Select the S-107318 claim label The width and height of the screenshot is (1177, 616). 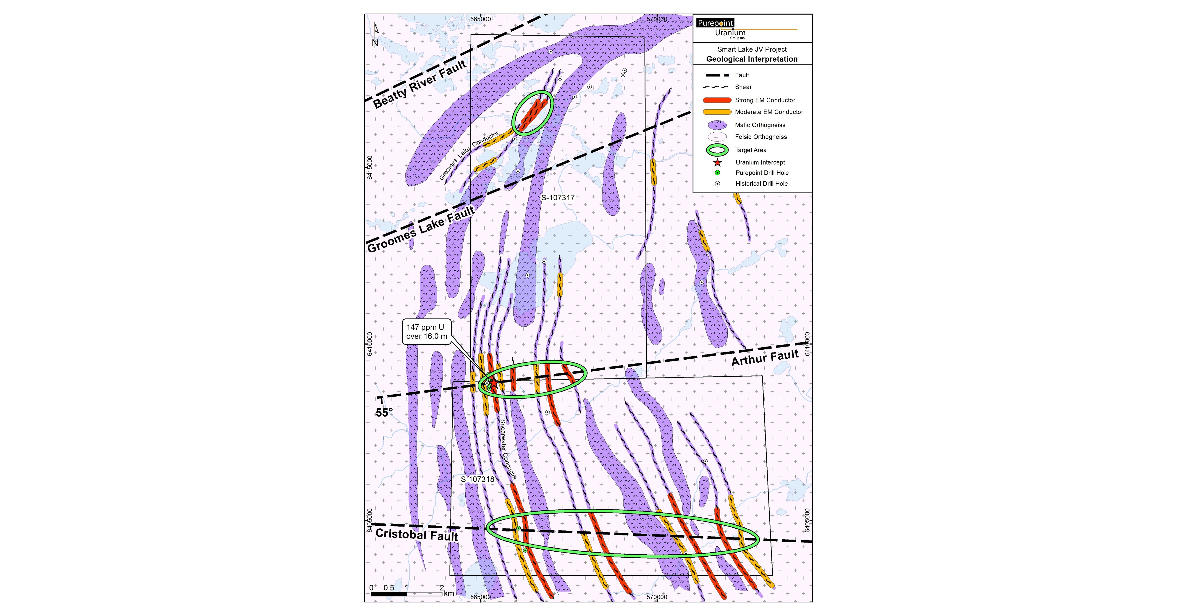(477, 479)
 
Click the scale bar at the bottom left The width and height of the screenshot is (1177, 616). (407, 594)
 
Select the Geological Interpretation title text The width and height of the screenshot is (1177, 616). (752, 59)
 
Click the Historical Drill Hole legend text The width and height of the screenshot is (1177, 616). (762, 184)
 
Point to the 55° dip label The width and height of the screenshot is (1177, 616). (384, 413)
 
